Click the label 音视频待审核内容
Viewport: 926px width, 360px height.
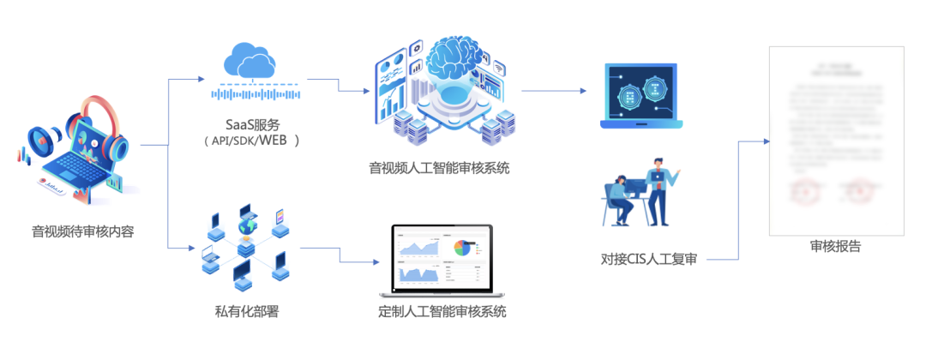pyautogui.click(x=83, y=231)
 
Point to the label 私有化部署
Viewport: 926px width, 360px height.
pyautogui.click(x=246, y=311)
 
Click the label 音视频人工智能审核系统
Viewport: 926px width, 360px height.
pyautogui.click(x=439, y=167)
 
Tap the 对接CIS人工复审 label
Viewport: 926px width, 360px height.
pyautogui.click(x=649, y=258)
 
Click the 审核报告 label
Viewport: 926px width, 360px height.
pyautogui.click(x=835, y=247)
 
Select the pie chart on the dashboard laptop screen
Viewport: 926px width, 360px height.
pyautogui.click(x=464, y=248)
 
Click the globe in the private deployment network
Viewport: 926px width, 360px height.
pyautogui.click(x=247, y=227)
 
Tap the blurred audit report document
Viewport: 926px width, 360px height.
pyautogui.click(x=835, y=137)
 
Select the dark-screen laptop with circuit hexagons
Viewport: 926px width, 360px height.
pyautogui.click(x=641, y=95)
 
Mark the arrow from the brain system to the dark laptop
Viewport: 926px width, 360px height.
pyautogui.click(x=554, y=90)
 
